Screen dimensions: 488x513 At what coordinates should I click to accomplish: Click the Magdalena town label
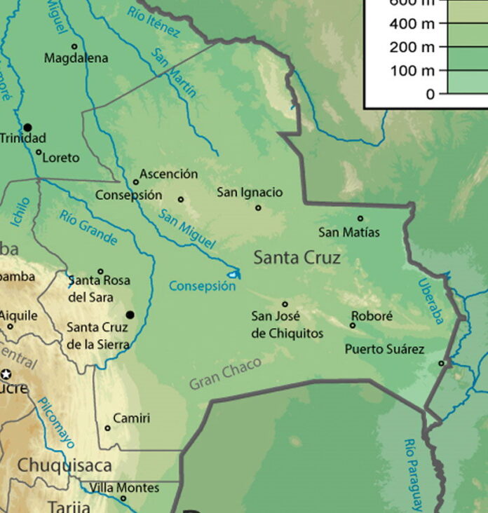tap(76, 58)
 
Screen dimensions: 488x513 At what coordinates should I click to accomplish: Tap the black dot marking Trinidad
tap(27, 127)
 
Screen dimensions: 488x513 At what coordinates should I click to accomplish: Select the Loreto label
tap(60, 158)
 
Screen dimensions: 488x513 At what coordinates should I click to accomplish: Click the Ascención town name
tap(168, 174)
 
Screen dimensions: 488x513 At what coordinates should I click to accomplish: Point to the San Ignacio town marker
tap(258, 207)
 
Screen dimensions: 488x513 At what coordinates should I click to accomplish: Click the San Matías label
tap(349, 232)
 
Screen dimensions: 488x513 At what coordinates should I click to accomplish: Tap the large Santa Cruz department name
tap(297, 258)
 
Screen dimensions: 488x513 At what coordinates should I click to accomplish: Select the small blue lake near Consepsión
tap(233, 274)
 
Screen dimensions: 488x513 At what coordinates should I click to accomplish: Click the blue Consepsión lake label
tap(202, 286)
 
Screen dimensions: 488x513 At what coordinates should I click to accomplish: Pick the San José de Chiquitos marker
tap(285, 304)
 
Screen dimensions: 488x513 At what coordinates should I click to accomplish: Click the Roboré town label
tap(372, 316)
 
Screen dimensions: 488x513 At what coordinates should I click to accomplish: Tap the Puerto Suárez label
tap(384, 348)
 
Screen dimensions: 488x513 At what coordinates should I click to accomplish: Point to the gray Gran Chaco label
tap(225, 373)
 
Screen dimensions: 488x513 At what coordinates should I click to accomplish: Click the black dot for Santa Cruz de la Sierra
tap(129, 315)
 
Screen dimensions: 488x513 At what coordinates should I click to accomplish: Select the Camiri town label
tap(131, 418)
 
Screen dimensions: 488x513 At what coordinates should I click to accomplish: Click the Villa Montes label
tap(124, 488)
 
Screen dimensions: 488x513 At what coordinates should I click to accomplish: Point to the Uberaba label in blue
tap(431, 301)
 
